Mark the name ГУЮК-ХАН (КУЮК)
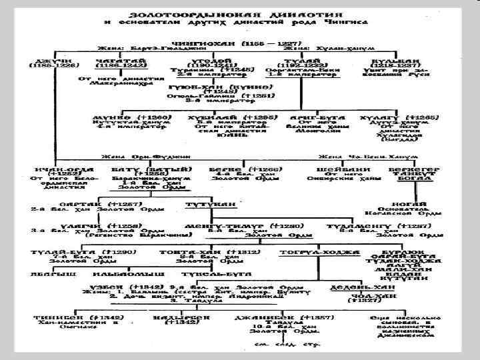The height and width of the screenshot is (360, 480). tap(212, 87)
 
